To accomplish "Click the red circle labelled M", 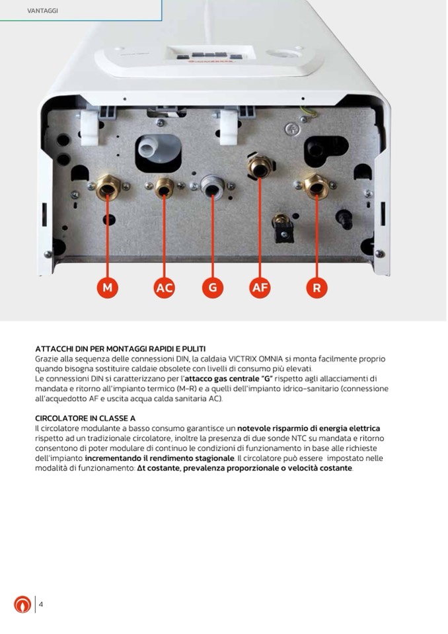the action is [108, 288].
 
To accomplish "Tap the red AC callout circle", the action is [164, 288].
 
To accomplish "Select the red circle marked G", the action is [213, 288].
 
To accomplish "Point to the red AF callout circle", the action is [260, 288].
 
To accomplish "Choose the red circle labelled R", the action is [317, 288].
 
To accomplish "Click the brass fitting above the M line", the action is [108, 187].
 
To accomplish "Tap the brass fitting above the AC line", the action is [165, 188].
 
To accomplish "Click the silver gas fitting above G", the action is [213, 186].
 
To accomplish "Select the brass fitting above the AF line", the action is [260, 166].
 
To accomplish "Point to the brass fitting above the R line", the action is [317, 186].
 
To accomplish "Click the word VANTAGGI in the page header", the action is [42, 11].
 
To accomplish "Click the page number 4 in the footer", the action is [41, 604].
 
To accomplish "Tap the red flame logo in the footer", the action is [22, 604].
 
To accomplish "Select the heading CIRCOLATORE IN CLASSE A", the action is [85, 418].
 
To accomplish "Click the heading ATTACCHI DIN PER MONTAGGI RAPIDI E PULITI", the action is [120, 348].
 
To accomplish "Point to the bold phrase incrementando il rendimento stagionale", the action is [159, 458].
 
